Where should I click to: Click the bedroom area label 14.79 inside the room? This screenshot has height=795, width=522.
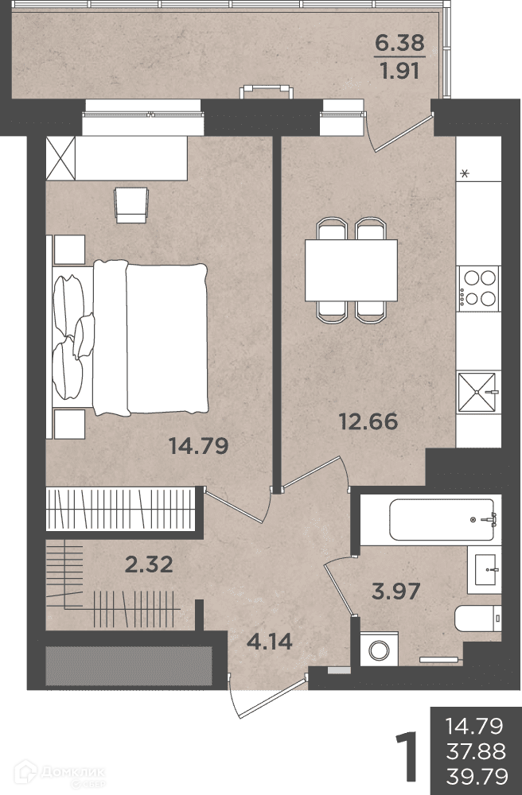(198, 446)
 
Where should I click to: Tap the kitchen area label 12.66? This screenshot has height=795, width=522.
(368, 421)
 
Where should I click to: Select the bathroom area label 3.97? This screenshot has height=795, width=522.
(395, 591)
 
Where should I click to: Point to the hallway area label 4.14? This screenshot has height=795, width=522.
(270, 642)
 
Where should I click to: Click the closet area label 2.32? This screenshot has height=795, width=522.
(149, 564)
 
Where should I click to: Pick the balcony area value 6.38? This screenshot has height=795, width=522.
(399, 43)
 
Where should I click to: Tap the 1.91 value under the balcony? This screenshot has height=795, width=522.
(399, 71)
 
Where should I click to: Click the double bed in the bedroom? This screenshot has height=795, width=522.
(130, 337)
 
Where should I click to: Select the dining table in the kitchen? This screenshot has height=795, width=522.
(351, 270)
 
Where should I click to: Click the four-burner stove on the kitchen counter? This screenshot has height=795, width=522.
(479, 288)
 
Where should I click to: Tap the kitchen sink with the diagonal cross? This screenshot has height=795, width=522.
(478, 393)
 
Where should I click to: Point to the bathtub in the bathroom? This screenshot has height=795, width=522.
(443, 520)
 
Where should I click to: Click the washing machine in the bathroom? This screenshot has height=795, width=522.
(379, 649)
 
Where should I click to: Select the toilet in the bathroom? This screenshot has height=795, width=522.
(478, 618)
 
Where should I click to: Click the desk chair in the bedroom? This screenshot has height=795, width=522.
(131, 205)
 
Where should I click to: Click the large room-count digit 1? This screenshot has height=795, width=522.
(407, 755)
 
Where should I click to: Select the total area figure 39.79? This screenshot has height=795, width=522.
(477, 776)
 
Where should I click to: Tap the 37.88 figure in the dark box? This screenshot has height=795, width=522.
(476, 751)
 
